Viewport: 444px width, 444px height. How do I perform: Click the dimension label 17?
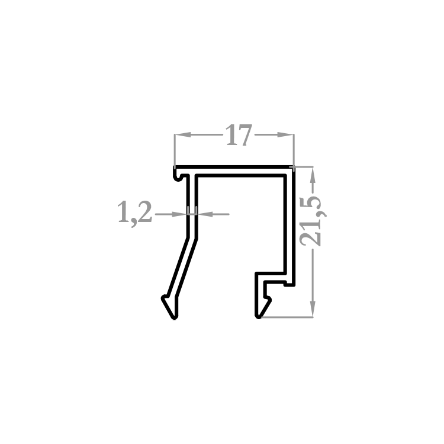(239, 135)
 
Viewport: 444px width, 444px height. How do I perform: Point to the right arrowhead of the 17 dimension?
(285, 135)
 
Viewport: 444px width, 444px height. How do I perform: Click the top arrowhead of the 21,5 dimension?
(313, 175)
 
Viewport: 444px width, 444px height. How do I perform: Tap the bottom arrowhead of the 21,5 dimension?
(313, 308)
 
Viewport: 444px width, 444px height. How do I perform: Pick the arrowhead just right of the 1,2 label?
(179, 214)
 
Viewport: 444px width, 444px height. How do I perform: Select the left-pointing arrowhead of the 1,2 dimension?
(205, 214)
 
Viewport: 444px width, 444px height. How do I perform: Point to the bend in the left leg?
(192, 239)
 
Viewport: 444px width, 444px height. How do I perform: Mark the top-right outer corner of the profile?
(294, 167)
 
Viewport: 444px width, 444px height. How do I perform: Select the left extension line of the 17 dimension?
(175, 150)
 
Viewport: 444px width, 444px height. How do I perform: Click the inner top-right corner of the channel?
(284, 176)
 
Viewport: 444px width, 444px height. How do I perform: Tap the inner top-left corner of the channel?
(197, 176)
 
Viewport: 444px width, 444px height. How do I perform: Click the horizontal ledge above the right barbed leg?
(271, 274)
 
